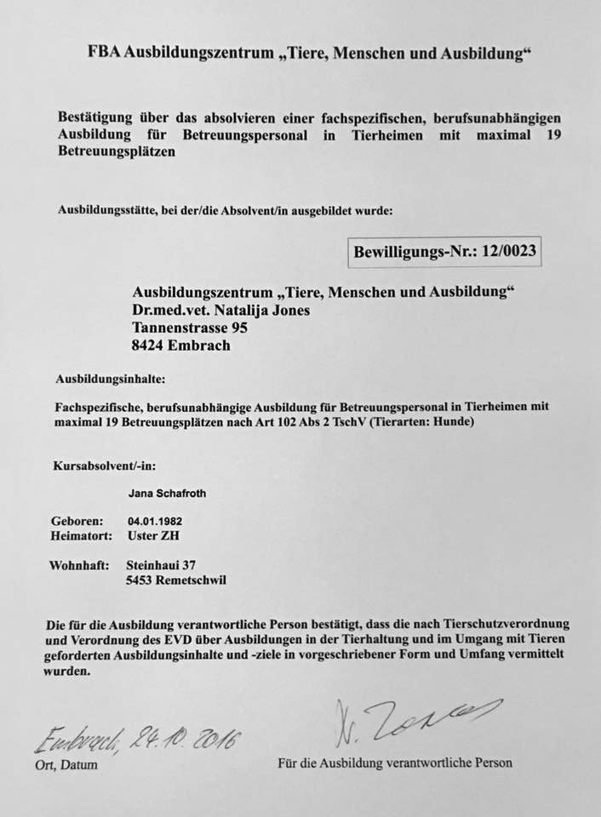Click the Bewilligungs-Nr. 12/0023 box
445,252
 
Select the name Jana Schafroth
167,493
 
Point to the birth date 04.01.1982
156,520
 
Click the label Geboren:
77,520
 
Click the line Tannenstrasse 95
192,327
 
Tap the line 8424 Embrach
181,346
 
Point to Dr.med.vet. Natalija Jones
221,310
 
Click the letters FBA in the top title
104,53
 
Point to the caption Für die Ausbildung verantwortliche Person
395,763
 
